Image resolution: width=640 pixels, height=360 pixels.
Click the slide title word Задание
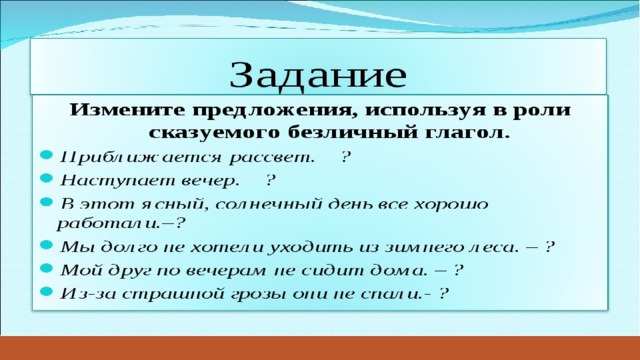click(318, 75)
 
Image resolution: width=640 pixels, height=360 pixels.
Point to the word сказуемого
click(214, 133)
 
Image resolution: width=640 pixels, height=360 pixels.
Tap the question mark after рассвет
click(346, 157)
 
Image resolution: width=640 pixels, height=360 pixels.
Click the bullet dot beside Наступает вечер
click(47, 178)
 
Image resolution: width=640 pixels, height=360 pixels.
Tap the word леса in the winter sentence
click(492, 247)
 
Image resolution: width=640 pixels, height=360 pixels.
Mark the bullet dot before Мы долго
click(47, 244)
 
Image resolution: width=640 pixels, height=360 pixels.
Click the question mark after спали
click(444, 293)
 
